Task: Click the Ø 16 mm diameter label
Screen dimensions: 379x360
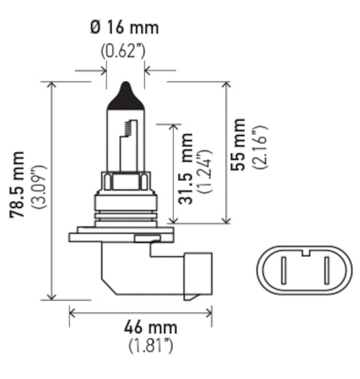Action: click(124, 27)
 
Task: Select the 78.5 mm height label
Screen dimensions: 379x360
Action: click(18, 185)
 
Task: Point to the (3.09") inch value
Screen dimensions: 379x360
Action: click(38, 188)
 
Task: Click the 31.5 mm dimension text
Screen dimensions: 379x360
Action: click(187, 169)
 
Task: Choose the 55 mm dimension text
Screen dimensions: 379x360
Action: click(239, 144)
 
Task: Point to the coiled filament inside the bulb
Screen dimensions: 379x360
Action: click(126, 127)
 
